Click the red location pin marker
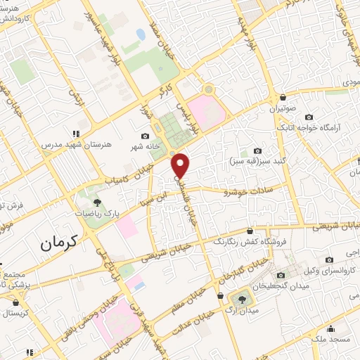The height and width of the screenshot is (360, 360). (181, 165)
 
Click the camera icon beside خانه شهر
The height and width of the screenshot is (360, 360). (146, 136)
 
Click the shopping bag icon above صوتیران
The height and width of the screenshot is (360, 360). (283, 97)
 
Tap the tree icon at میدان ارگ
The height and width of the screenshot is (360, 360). (243, 299)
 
